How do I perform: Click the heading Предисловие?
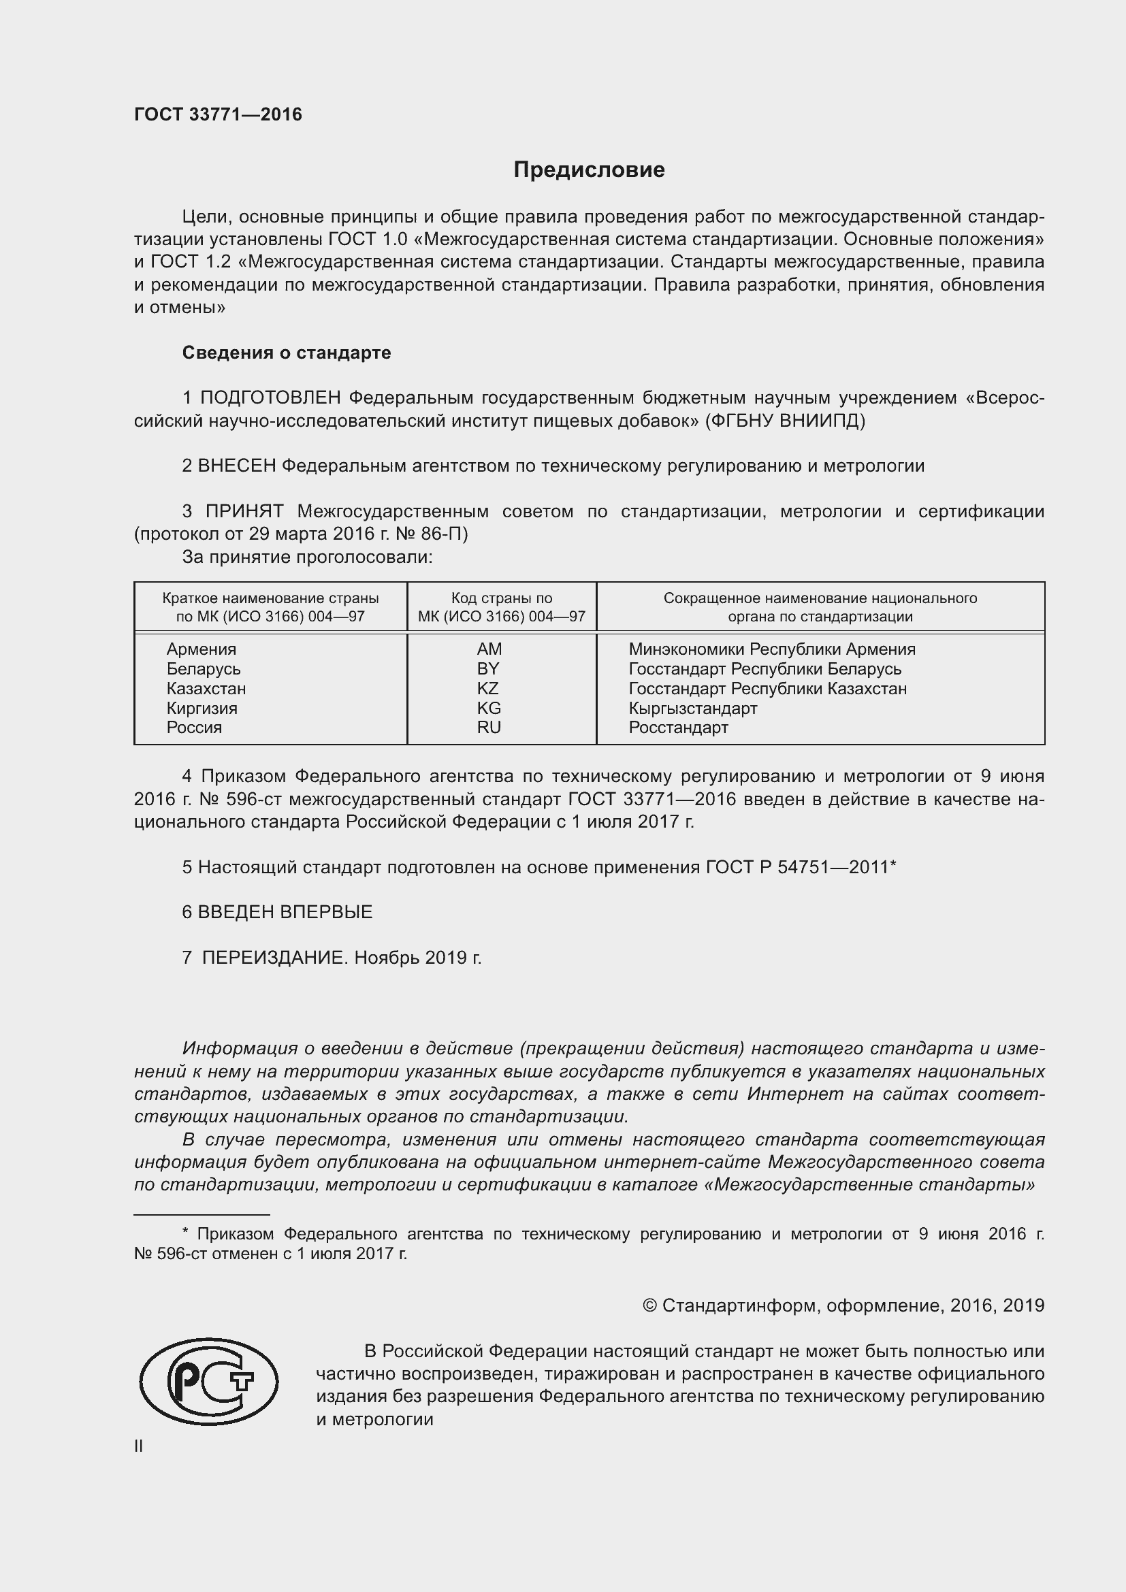[589, 170]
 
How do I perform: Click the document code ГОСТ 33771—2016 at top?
[218, 114]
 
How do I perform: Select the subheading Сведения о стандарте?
[287, 353]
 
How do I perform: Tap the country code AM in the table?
[489, 649]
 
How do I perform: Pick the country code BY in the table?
[488, 668]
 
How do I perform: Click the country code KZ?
[488, 689]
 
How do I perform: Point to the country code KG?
[489, 708]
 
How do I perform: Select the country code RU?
[489, 728]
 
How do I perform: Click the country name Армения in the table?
[201, 649]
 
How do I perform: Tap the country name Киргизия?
[202, 708]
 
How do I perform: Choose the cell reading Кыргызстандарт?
[692, 708]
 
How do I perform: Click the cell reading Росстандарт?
[678, 728]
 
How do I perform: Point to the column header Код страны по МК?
[501, 606]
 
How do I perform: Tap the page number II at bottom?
[139, 1446]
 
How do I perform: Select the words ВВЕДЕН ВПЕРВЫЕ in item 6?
[285, 913]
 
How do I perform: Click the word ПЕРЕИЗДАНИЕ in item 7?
[274, 958]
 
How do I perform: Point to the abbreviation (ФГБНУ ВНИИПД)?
[785, 421]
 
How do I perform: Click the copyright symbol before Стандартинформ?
[649, 1305]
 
